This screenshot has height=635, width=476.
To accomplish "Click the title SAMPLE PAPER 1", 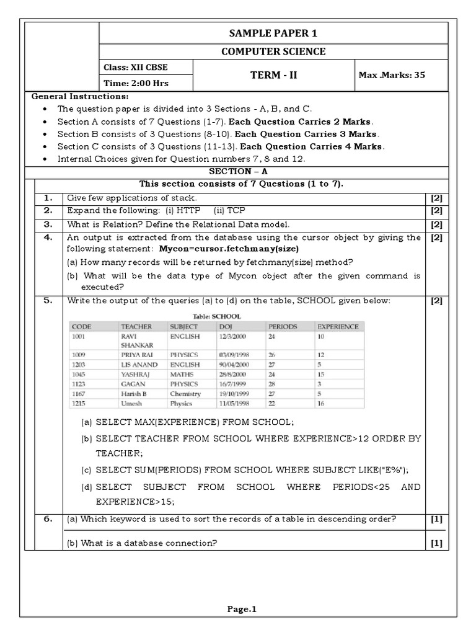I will tap(273, 33).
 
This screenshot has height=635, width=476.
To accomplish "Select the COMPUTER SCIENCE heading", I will tap(273, 51).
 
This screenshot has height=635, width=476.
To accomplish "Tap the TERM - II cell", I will tap(273, 75).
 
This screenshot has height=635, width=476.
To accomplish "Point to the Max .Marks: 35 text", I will tap(392, 75).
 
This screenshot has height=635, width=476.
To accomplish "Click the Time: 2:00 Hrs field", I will tap(136, 83).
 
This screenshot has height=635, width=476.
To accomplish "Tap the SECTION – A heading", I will tap(238, 172).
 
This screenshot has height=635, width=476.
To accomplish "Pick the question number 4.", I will tap(48, 238).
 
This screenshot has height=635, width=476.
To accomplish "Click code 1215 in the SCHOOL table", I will tap(80, 403).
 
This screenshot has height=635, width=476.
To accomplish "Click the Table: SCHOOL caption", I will tap(217, 316).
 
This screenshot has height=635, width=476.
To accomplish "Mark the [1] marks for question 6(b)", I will tap(436, 543).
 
